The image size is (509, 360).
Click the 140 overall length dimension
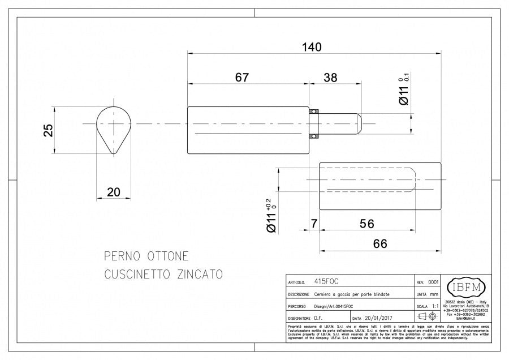pyautogui.click(x=311, y=47)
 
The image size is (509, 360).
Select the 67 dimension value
pyautogui.click(x=241, y=78)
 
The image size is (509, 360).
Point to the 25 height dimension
pyautogui.click(x=49, y=130)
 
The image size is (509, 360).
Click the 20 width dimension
pyautogui.click(x=114, y=192)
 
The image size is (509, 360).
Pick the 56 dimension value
pyautogui.click(x=367, y=224)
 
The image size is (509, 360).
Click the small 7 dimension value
pyautogui.click(x=314, y=224)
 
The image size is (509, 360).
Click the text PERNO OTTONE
pyautogui.click(x=146, y=256)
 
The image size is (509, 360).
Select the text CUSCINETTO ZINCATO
pyautogui.click(x=163, y=275)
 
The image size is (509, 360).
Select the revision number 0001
pyautogui.click(x=433, y=281)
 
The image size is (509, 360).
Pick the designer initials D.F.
pyautogui.click(x=320, y=318)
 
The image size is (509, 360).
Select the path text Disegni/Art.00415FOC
pyautogui.click(x=338, y=306)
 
